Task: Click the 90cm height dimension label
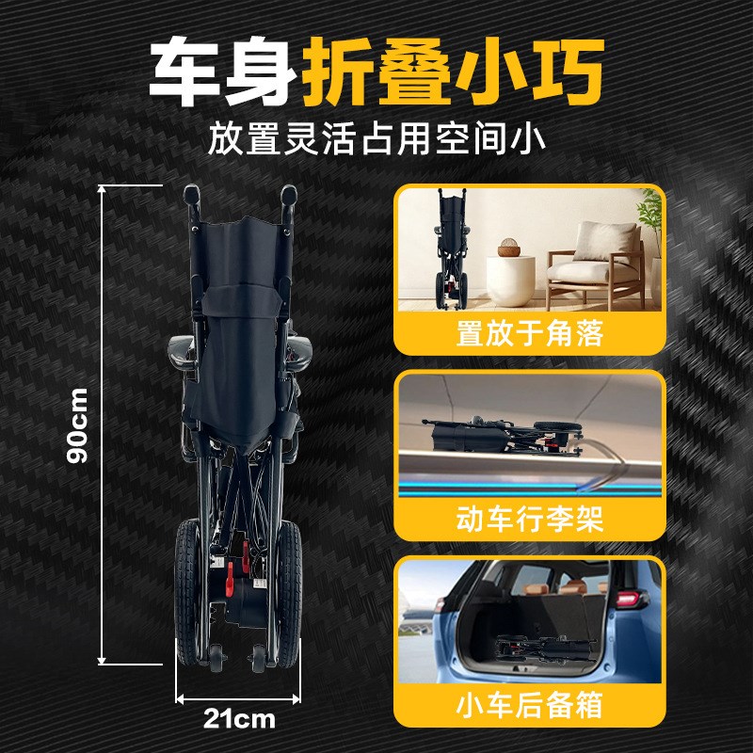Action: [79, 424]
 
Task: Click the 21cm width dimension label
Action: [239, 720]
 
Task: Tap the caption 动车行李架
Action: [529, 521]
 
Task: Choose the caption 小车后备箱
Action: [529, 705]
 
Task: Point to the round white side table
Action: [511, 278]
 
